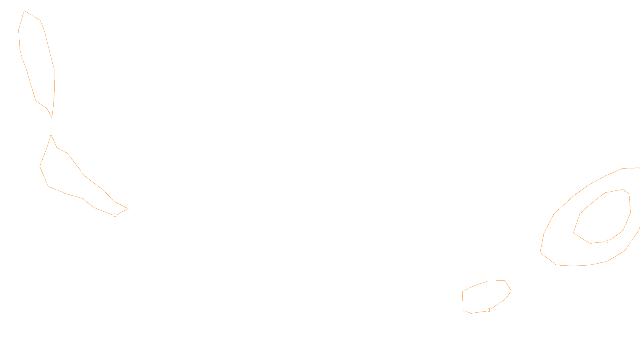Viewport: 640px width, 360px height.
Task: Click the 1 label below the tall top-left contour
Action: [52, 118]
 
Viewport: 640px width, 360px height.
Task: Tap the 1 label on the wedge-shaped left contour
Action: [115, 215]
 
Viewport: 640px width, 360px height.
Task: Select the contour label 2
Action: [606, 242]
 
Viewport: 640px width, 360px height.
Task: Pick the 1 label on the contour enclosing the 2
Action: [573, 266]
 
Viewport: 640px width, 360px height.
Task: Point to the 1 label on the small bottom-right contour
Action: [489, 310]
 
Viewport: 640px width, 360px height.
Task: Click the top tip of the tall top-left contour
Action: [24, 11]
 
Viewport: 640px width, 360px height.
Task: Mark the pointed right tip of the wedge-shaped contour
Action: [128, 208]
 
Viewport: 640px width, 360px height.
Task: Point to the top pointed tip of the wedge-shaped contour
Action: [51, 135]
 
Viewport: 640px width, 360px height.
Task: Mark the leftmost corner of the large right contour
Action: [540, 252]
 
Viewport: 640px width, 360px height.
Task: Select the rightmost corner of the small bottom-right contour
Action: [511, 291]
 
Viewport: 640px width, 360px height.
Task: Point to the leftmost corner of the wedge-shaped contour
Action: [40, 166]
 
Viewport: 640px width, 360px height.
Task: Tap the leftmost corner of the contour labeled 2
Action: [574, 233]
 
